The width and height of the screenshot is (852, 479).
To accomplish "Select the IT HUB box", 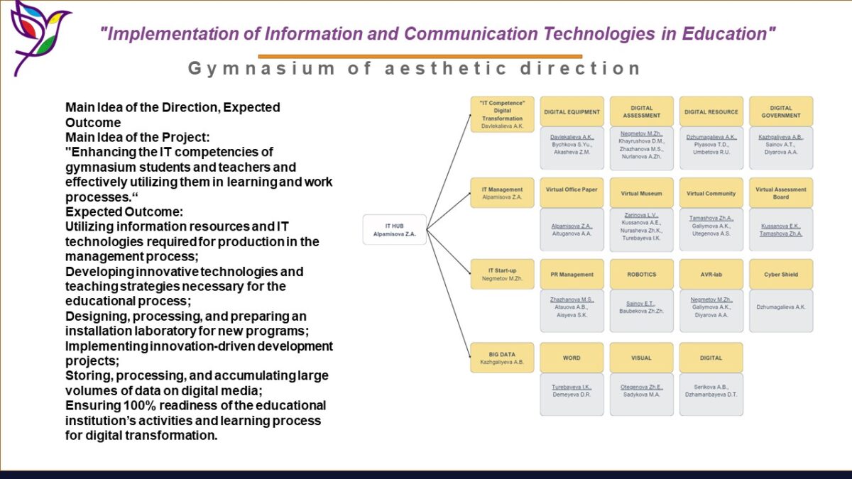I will point(394,229).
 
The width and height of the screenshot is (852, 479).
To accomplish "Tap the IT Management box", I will point(502,193).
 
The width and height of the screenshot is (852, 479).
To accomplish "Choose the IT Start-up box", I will point(502,274).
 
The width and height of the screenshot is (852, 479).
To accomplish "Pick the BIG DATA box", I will point(502,358).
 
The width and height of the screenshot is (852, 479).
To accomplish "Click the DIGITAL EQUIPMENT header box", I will point(572,111).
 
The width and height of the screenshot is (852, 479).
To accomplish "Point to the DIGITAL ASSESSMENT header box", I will point(641,111).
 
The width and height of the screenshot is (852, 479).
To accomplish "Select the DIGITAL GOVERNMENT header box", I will point(780,111).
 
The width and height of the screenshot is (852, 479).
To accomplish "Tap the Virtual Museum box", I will point(641,193).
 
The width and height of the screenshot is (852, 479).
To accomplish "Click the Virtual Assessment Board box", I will point(780,193).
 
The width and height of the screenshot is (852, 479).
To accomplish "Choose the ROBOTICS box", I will point(641,274).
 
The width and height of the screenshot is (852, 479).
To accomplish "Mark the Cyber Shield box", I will point(780,274).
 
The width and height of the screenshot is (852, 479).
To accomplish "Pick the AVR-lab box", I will point(711,274).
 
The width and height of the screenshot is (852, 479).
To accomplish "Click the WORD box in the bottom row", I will point(572,358).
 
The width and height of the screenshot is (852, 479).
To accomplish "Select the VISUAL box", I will point(641,358).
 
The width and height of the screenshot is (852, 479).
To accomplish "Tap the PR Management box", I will point(572,274).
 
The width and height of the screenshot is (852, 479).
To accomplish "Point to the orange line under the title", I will point(420,56).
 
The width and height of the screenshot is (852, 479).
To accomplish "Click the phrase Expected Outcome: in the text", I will point(123,211).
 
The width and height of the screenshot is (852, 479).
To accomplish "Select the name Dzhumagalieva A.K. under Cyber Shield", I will point(780,307).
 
